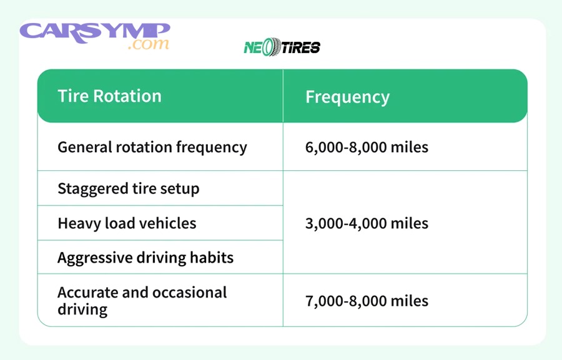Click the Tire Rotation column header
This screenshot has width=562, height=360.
[x=109, y=96]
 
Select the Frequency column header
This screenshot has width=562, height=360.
[x=347, y=97]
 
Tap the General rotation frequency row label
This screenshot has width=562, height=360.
[x=152, y=147]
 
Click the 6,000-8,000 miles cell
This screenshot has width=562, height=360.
[x=367, y=147]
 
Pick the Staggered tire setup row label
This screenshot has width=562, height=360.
[x=128, y=188]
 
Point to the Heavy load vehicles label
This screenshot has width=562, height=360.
[x=127, y=223]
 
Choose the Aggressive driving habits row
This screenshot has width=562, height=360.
[x=145, y=258]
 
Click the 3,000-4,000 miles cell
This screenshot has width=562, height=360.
[x=367, y=223]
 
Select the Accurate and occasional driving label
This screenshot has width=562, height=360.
[x=142, y=301]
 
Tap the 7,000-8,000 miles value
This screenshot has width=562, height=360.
[x=367, y=301]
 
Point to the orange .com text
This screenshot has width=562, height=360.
[x=148, y=45]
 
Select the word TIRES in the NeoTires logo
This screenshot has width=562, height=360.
[x=300, y=47]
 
